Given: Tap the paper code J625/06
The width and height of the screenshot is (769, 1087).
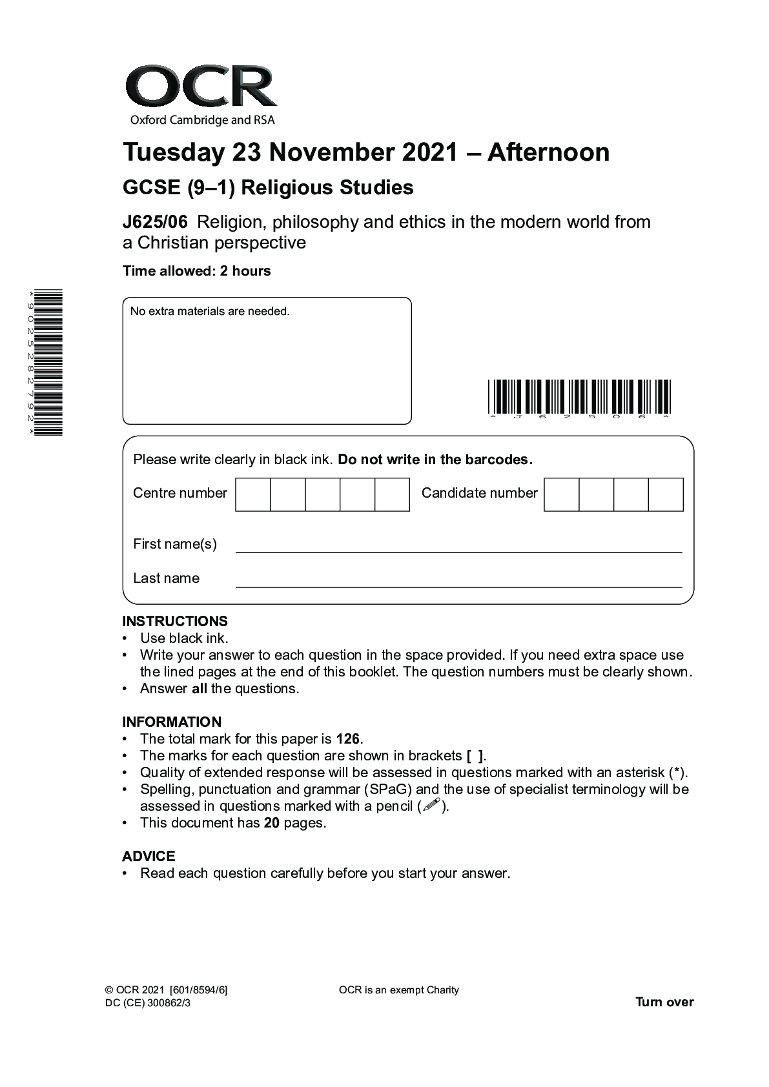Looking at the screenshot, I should coord(155,222).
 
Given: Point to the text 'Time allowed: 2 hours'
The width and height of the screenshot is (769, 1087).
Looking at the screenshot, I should coord(196,271).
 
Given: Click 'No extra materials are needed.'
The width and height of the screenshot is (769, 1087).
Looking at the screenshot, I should coord(210,311).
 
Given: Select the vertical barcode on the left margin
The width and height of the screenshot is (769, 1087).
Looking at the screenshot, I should coord(48,362).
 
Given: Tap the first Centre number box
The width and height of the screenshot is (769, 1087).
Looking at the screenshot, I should coord(253,494).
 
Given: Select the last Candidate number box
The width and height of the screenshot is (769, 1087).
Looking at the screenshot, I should coord(665,494).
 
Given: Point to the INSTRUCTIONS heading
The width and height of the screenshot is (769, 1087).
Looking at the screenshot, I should coord(175,622).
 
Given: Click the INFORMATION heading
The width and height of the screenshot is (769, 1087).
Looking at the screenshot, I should coord(172,722).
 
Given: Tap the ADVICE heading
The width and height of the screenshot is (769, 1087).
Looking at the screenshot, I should coord(149,857).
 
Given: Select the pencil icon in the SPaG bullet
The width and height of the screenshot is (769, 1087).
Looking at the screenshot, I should coord(431,806).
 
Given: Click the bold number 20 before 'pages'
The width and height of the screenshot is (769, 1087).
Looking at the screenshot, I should coord(271,823).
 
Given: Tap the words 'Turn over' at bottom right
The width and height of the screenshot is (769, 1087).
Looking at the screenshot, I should coord(664,1002).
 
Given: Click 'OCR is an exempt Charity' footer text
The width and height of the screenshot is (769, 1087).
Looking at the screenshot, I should coord(398,990).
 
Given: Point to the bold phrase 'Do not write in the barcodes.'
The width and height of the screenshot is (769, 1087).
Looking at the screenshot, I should coord(435,460).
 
